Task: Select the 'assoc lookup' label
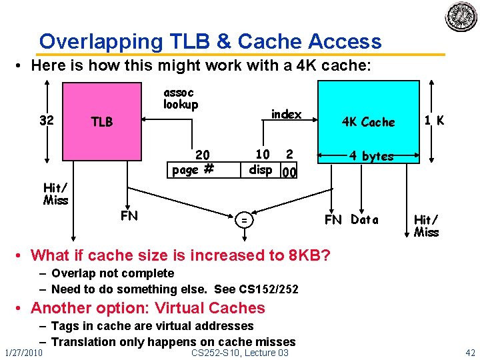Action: tap(181, 99)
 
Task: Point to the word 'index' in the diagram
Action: tap(286, 114)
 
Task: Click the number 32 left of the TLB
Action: tap(47, 121)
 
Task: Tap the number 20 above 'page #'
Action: tap(202, 155)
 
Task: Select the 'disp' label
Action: tap(261, 169)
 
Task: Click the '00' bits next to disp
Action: tap(288, 173)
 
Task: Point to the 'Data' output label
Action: tap(365, 219)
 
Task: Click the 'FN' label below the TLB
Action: tap(129, 215)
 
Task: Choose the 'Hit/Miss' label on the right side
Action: tap(427, 225)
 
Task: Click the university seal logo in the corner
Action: tap(461, 16)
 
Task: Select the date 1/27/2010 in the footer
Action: tap(23, 352)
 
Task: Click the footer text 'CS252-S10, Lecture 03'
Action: tap(239, 352)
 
